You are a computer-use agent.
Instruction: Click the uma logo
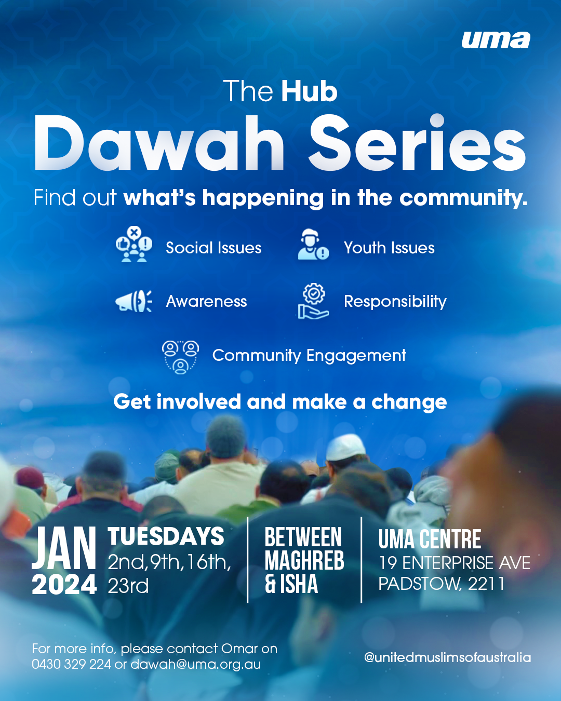tap(496, 40)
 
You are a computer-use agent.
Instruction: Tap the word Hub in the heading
tap(310, 92)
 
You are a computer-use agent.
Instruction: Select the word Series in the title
tap(418, 144)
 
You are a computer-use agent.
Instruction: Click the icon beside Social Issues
tap(134, 245)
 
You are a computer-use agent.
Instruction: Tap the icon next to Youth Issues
tap(313, 245)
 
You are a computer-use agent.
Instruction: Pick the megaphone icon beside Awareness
tap(133, 301)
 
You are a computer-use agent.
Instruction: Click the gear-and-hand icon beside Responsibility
tap(313, 301)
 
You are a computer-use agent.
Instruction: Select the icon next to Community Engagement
tap(180, 357)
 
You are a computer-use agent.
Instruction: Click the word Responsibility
tap(395, 302)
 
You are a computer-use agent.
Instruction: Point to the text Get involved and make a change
tap(280, 402)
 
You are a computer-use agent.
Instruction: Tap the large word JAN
tap(64, 548)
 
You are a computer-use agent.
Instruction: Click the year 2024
tap(64, 585)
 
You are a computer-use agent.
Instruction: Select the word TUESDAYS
tap(166, 537)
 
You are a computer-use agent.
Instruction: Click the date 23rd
tap(128, 586)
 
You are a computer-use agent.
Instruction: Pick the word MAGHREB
tap(304, 561)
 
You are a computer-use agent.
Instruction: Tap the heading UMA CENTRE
tap(430, 540)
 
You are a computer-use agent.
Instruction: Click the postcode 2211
tap(486, 584)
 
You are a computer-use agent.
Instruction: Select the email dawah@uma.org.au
tap(195, 665)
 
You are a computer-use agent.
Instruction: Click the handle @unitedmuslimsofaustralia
tap(447, 657)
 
